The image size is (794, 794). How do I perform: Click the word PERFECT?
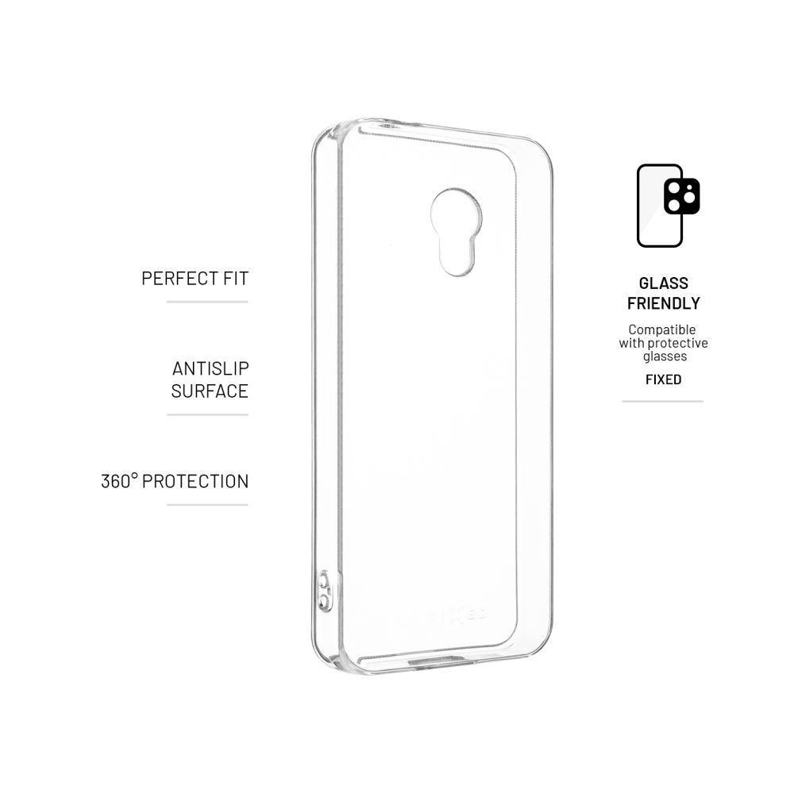click(x=179, y=279)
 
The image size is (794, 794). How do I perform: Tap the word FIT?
click(x=237, y=279)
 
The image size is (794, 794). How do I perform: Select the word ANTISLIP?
click(x=210, y=368)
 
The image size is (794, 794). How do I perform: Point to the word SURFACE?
click(x=210, y=391)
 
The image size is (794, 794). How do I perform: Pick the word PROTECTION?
click(x=195, y=481)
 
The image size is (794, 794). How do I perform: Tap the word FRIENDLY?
click(x=663, y=303)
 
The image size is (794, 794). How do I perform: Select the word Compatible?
click(x=662, y=330)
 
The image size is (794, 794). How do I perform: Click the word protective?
click(x=677, y=343)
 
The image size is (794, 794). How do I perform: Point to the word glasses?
click(x=665, y=357)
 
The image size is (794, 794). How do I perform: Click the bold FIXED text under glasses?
click(x=663, y=380)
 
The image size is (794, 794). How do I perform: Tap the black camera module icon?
click(x=682, y=196)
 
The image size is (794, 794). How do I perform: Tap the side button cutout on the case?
click(x=325, y=591)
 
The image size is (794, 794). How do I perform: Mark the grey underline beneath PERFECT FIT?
click(x=207, y=302)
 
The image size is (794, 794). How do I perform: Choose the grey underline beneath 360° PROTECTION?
click(x=207, y=505)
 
